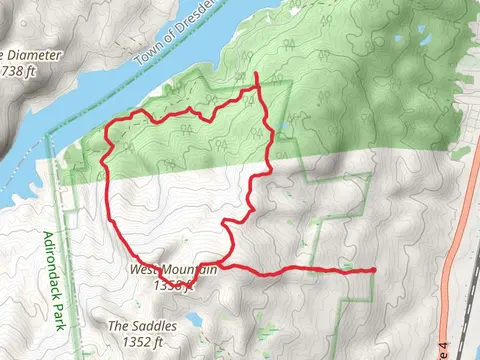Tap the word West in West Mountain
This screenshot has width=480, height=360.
click(143, 270)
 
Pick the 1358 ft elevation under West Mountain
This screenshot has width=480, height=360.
click(170, 285)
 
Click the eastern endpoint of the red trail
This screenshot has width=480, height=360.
click(373, 270)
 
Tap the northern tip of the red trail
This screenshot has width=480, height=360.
click(257, 74)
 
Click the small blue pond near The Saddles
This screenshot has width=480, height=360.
click(193, 321)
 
